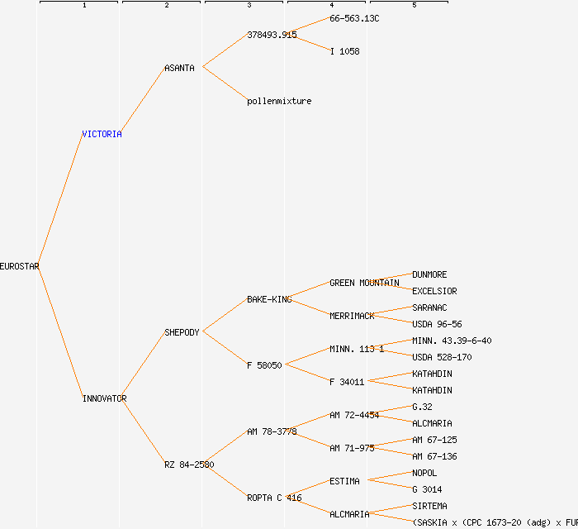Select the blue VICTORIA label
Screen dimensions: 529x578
tap(102, 134)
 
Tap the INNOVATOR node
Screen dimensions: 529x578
tap(104, 398)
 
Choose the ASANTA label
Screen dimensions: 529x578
tap(179, 68)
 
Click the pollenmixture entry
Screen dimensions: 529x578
tap(279, 101)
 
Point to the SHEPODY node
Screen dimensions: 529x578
tap(182, 332)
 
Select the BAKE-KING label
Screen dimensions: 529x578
tap(269, 299)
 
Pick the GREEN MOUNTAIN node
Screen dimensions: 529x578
tap(364, 283)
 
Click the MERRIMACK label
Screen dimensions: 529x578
tap(352, 316)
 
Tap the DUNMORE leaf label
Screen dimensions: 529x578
tap(429, 274)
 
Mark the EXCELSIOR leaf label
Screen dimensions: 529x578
tap(434, 291)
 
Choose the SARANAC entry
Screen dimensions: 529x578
tap(429, 307)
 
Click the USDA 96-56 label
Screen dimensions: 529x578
tap(437, 324)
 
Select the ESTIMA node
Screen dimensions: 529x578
tap(344, 481)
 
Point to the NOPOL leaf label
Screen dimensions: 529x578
tap(424, 473)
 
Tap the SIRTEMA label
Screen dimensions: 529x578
tap(429, 506)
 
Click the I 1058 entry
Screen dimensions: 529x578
tap(344, 51)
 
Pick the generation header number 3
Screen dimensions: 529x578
tap(249, 6)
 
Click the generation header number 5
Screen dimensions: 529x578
tap(414, 6)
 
